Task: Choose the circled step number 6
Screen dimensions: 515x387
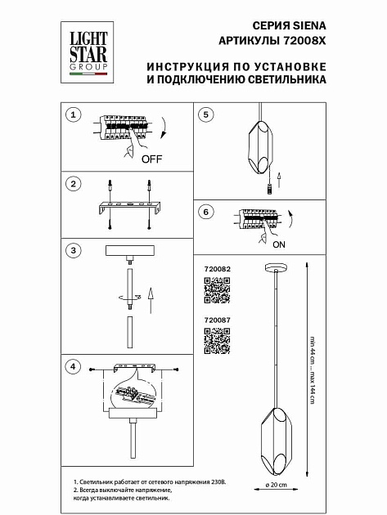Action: pos(206,211)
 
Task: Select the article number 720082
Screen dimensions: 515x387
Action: pos(214,268)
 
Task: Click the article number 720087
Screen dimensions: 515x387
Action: pos(214,321)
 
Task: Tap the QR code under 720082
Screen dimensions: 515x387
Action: pos(215,290)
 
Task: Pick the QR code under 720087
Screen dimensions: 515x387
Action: pos(215,343)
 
